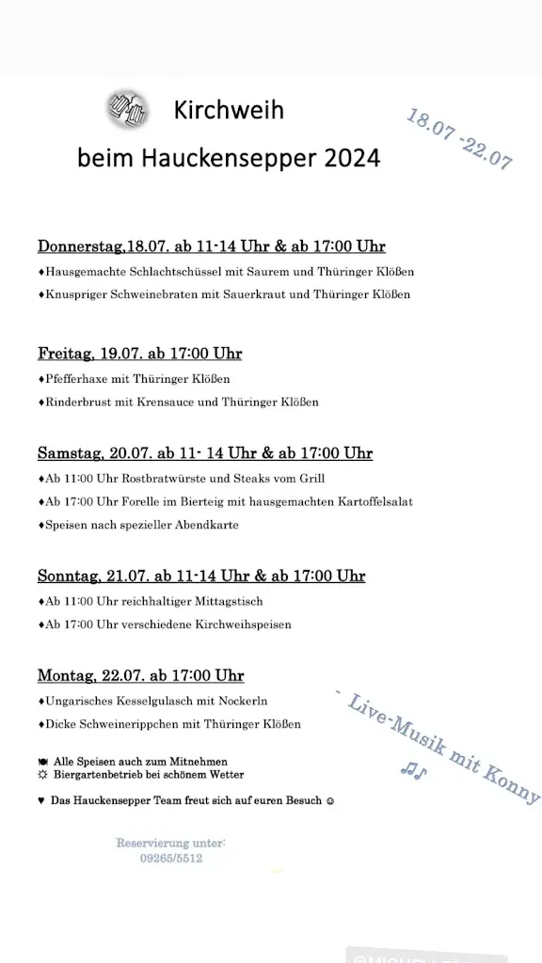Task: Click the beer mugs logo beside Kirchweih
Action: (x=127, y=111)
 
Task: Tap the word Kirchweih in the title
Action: (x=229, y=111)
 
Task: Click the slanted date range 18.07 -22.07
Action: (x=459, y=138)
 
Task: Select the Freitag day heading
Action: (x=66, y=354)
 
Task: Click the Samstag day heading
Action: (x=71, y=453)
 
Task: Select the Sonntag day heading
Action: (x=69, y=576)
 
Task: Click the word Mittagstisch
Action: (x=229, y=601)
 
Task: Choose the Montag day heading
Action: (x=65, y=675)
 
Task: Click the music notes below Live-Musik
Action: (x=413, y=771)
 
